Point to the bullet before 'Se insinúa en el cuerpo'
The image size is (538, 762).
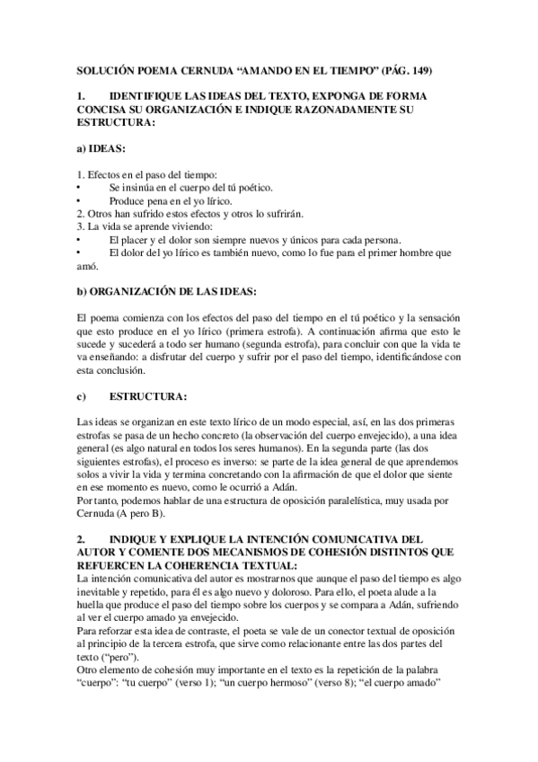click(80, 189)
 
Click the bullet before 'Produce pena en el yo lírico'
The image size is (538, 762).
click(80, 201)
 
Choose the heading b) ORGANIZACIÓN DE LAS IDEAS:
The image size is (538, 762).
click(167, 292)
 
